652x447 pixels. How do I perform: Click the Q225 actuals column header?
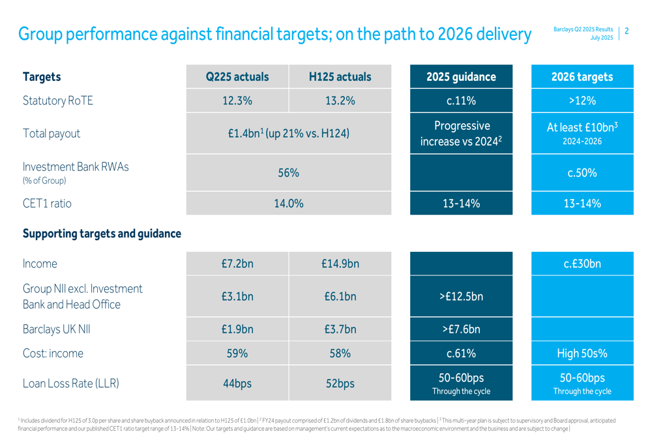(237, 77)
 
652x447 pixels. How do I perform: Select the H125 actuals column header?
(340, 77)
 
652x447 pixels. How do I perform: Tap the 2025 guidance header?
(461, 77)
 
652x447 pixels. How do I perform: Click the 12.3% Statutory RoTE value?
(237, 100)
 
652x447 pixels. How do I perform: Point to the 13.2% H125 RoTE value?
(340, 100)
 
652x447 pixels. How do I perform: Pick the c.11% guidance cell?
(461, 100)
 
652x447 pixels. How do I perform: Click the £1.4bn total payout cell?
(288, 134)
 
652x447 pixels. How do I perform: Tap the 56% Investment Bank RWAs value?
(288, 173)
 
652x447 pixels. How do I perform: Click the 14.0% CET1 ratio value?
(288, 203)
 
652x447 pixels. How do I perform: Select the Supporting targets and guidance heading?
(102, 233)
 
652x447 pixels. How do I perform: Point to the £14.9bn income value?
(340, 264)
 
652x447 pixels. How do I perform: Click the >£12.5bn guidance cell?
(461, 298)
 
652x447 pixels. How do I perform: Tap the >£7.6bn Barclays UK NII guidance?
(461, 329)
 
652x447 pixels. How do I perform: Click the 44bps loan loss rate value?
(237, 384)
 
